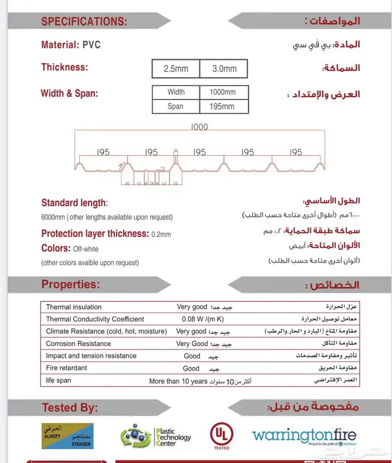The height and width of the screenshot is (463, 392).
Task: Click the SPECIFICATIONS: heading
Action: [x=84, y=22]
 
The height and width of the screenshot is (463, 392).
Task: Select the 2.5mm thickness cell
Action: [x=176, y=69]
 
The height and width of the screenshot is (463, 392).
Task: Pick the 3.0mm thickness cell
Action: [x=225, y=69]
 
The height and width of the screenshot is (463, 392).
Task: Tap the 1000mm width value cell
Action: [x=223, y=92]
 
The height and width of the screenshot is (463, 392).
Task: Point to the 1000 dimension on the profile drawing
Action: [x=199, y=127]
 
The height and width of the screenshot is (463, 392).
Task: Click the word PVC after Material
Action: [x=91, y=45]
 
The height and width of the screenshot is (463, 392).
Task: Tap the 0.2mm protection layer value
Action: [x=161, y=234]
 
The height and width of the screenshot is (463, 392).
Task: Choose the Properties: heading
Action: [x=71, y=285]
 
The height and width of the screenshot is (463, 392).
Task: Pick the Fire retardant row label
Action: [x=67, y=368]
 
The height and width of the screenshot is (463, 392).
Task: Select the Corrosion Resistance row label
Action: [x=78, y=344]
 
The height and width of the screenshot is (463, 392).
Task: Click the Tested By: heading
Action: [x=70, y=408]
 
